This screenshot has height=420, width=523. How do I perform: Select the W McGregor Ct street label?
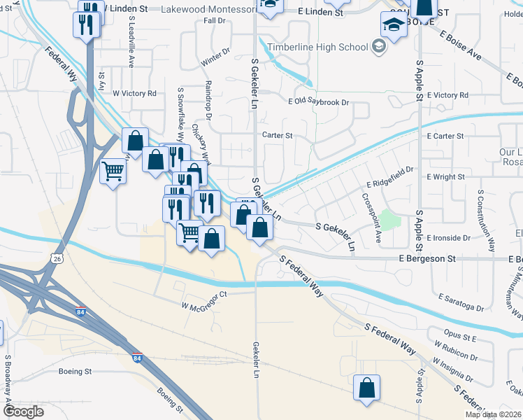click(205, 300)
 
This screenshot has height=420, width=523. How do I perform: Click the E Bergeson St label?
click(427, 258)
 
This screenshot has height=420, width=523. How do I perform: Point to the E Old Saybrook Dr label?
click(318, 102)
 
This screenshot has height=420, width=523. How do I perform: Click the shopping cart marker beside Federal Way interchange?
click(113, 170)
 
